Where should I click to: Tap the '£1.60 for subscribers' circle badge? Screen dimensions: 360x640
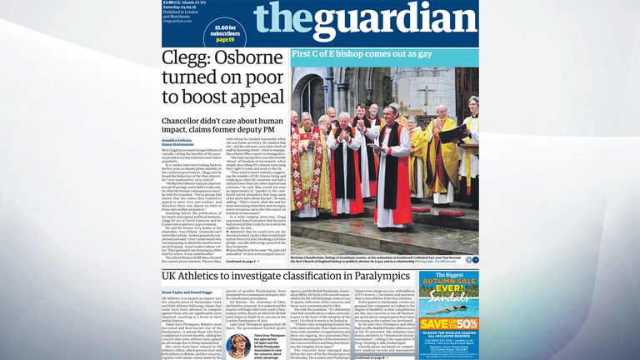pyautogui.click(x=225, y=32)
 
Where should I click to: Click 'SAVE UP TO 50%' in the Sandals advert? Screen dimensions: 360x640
pyautogui.click(x=448, y=325)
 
